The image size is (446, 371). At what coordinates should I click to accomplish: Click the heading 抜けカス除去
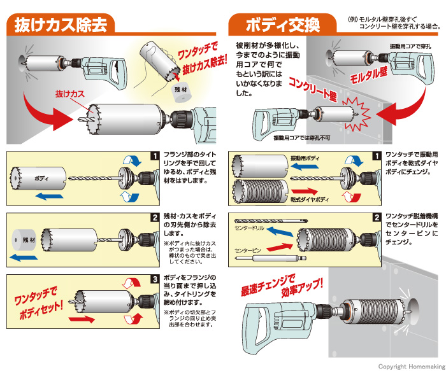point(62,24)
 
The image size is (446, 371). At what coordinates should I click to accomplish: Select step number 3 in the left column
point(154,278)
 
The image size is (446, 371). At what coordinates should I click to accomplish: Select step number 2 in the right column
point(378,216)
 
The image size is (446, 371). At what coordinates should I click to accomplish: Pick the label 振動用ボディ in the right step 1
point(306,157)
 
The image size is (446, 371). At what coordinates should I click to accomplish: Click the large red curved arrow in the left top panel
point(48,111)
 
